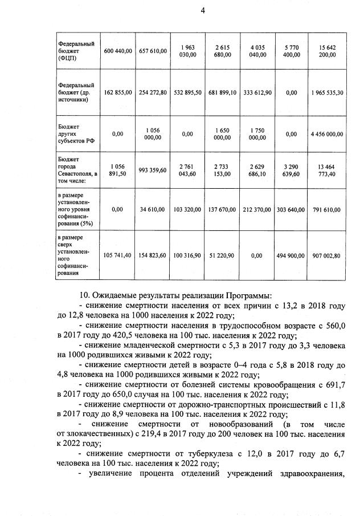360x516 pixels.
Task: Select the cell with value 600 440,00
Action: point(118,51)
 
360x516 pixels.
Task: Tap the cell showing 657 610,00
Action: point(153,51)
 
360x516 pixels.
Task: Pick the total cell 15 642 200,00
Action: point(326,51)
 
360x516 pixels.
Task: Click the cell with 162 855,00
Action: point(118,92)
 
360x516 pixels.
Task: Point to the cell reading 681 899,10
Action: point(222,92)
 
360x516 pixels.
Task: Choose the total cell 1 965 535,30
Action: point(326,92)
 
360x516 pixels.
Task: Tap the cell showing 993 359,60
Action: point(153,169)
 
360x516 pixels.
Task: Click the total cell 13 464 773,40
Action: point(326,169)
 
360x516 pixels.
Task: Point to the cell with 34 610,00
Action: point(153,209)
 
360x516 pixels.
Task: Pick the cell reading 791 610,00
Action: point(326,209)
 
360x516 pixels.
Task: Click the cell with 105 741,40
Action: point(118,255)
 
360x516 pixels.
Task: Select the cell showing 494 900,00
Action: point(291,255)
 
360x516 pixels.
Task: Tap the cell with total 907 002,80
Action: point(326,255)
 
